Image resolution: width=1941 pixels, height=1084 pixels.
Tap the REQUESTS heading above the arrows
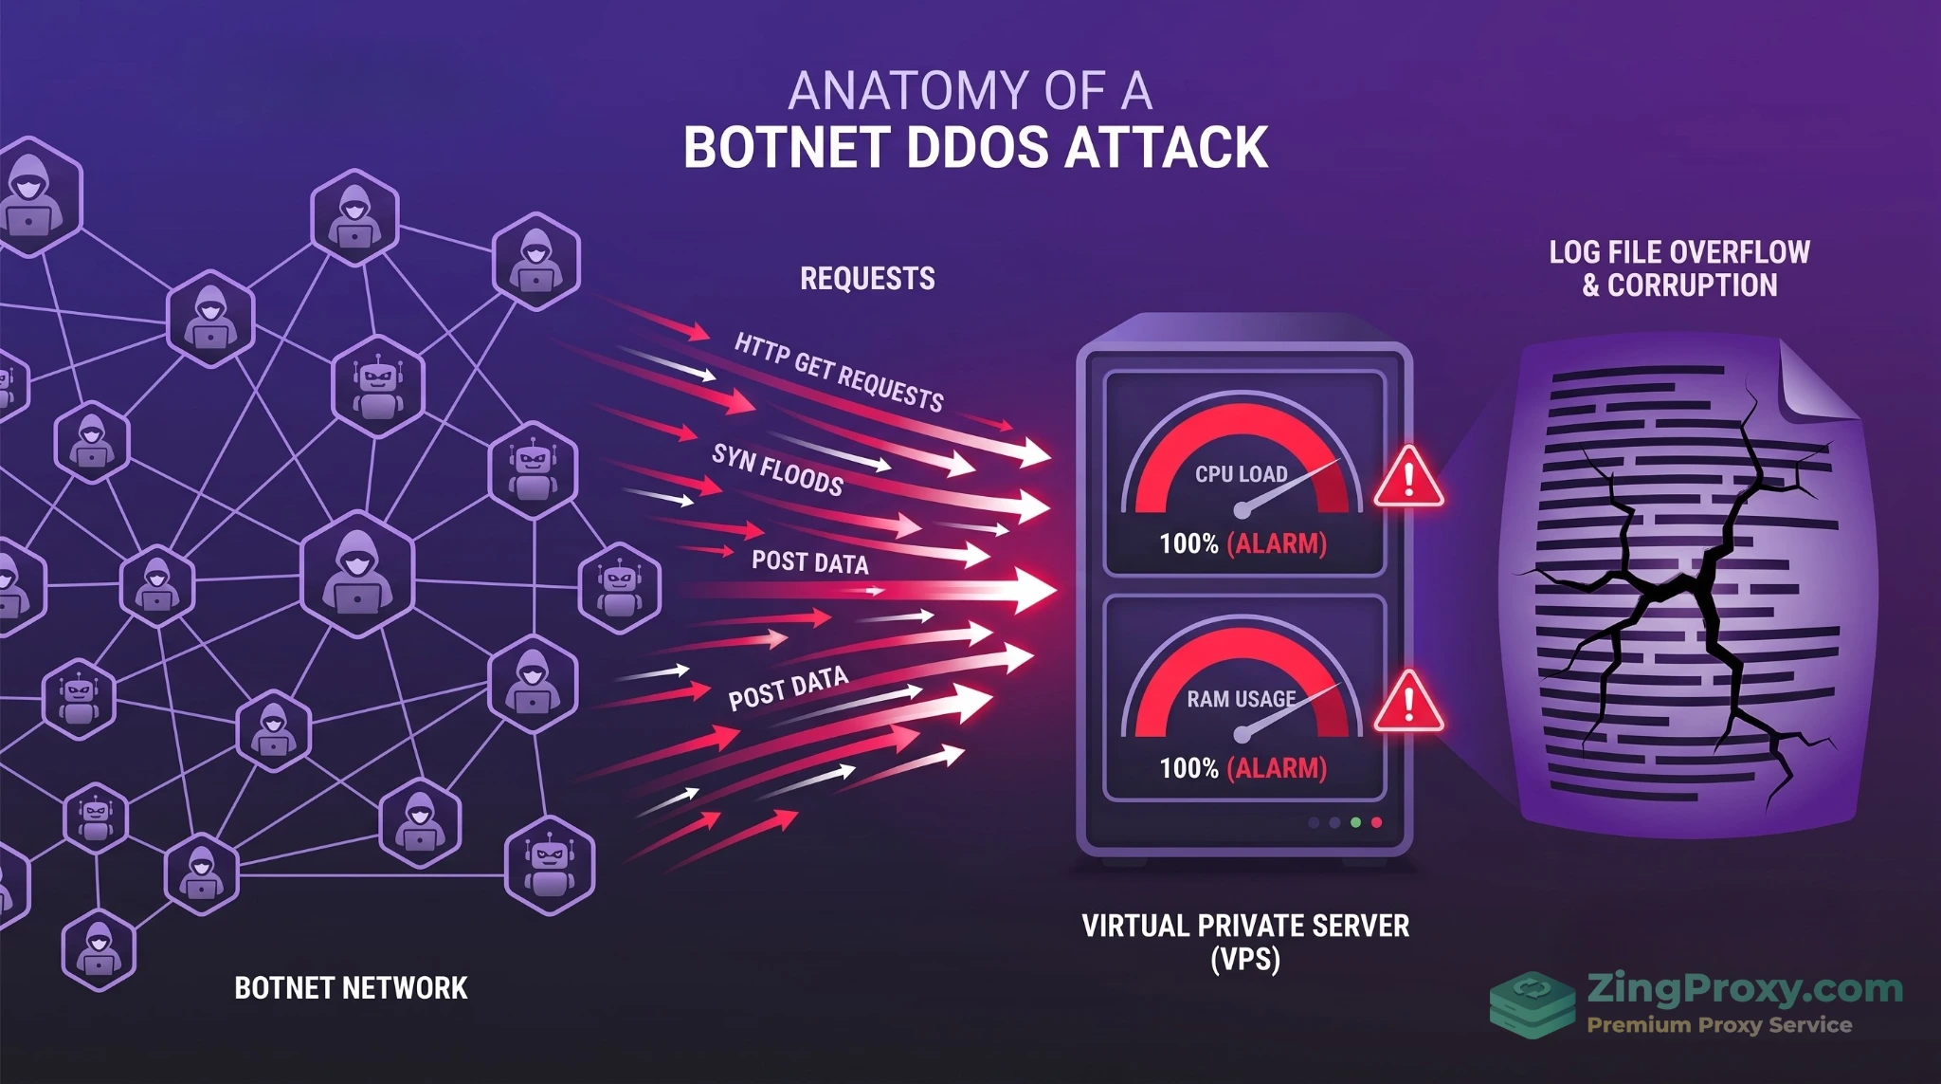[x=867, y=279]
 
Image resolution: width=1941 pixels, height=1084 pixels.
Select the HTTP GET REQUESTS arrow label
[x=839, y=373]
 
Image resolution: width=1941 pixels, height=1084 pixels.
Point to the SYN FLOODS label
[x=777, y=470]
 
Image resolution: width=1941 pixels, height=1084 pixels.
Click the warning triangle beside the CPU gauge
[x=1408, y=477]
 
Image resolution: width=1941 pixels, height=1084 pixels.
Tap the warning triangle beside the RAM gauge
[x=1408, y=702]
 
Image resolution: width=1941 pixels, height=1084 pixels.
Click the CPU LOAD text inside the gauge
[x=1241, y=474]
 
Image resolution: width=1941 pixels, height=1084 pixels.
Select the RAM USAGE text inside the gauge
[x=1241, y=699]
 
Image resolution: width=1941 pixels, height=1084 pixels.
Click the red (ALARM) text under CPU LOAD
[x=1277, y=544]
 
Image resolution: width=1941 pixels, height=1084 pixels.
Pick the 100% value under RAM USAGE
[x=1188, y=768]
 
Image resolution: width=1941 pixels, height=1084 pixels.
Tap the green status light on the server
[x=1355, y=822]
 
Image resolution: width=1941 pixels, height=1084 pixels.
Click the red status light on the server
[x=1376, y=822]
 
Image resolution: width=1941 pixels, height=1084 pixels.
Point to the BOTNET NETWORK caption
[x=351, y=988]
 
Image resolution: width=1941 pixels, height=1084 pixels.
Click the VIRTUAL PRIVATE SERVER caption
[x=1245, y=927]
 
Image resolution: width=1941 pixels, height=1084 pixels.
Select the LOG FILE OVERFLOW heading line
[x=1679, y=252]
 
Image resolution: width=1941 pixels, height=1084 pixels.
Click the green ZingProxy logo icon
[x=1532, y=1004]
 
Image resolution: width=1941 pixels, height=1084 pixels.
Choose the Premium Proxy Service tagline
[x=1719, y=1025]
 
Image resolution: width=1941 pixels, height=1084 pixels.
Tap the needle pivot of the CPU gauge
[x=1241, y=511]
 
